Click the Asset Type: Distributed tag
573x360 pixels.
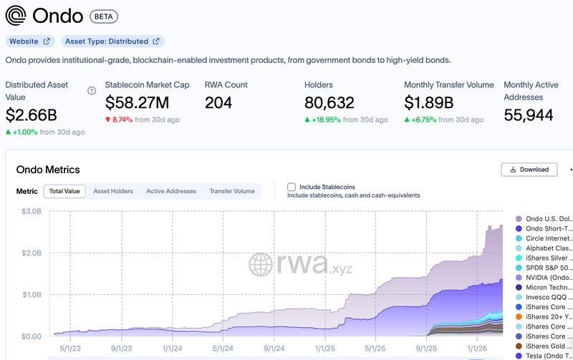112,42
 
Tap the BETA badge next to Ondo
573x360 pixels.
105,16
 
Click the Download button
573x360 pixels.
529,170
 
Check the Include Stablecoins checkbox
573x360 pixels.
291,187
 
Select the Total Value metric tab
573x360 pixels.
64,191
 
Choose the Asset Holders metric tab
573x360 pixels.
113,191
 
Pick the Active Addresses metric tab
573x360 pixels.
171,191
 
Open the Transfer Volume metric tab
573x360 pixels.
231,191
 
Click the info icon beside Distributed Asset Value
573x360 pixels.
91,91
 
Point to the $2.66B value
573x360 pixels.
32,115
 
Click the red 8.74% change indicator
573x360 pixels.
119,120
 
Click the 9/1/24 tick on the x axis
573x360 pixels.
275,350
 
